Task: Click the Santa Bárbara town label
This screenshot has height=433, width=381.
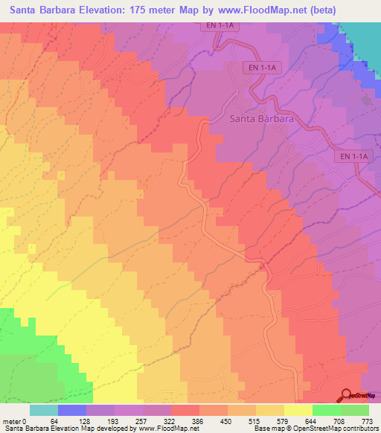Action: pos(260,118)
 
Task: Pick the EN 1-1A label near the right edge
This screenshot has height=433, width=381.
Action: pos(350,157)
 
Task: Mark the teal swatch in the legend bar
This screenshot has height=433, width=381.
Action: pos(43,410)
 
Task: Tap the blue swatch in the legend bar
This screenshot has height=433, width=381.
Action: pos(71,410)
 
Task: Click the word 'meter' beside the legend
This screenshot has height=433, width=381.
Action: pos(12,421)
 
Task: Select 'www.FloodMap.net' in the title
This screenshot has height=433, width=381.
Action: pos(246,10)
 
